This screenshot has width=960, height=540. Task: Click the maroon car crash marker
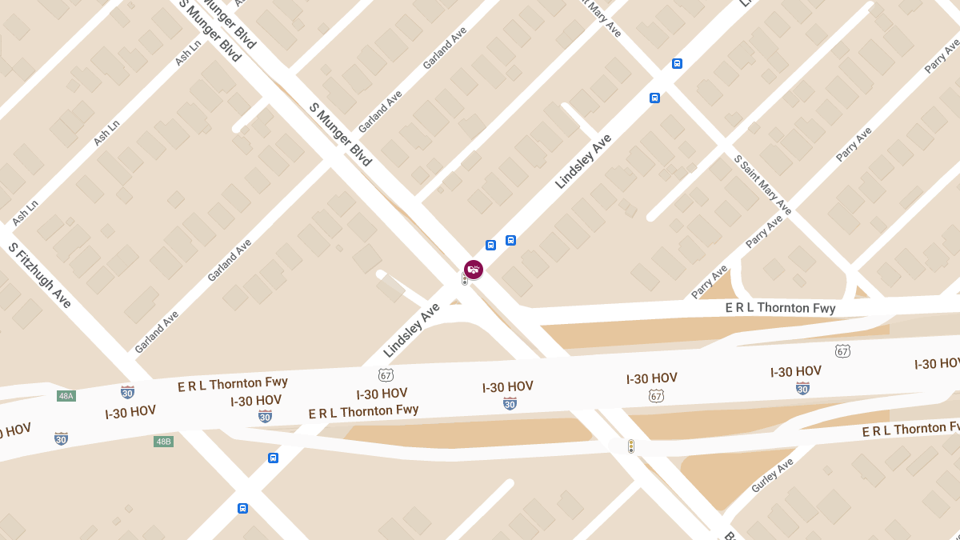pyautogui.click(x=474, y=269)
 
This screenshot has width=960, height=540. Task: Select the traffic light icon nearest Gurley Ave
pyautogui.click(x=630, y=446)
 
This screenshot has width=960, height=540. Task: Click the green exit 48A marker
pyautogui.click(x=66, y=395)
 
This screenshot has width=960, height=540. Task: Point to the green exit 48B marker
pyautogui.click(x=163, y=441)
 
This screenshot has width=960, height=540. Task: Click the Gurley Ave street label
pyautogui.click(x=772, y=475)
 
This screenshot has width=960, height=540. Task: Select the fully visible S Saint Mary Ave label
pyautogui.click(x=762, y=185)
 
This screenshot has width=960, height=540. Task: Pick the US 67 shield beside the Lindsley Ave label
pyautogui.click(x=386, y=374)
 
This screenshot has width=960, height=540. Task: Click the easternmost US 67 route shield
pyautogui.click(x=842, y=351)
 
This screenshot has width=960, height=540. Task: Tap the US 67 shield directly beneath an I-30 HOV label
pyautogui.click(x=656, y=396)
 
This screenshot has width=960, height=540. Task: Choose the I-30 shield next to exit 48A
pyautogui.click(x=127, y=392)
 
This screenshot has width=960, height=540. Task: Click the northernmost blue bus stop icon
pyautogui.click(x=677, y=63)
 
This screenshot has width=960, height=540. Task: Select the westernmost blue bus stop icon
pyautogui.click(x=242, y=508)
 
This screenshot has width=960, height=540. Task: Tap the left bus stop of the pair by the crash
pyautogui.click(x=490, y=245)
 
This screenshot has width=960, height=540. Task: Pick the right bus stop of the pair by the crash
pyautogui.click(x=510, y=240)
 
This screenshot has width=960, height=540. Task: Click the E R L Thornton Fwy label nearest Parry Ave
pyautogui.click(x=780, y=307)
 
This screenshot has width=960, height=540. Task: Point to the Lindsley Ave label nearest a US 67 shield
pyautogui.click(x=411, y=330)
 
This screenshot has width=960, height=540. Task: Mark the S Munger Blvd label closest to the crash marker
pyautogui.click(x=340, y=134)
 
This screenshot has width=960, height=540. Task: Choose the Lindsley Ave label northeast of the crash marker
pyautogui.click(x=583, y=161)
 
